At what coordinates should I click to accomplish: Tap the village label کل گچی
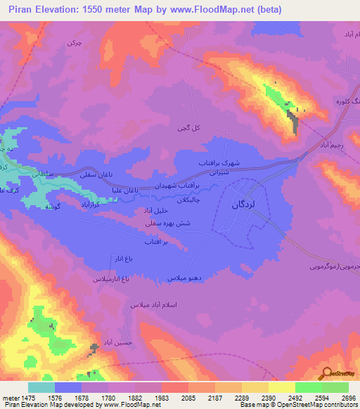coord(184,129)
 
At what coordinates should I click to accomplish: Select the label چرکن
coord(74,43)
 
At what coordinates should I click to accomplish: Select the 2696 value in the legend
coord(348,398)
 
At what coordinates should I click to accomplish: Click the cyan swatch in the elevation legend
coord(41,387)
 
